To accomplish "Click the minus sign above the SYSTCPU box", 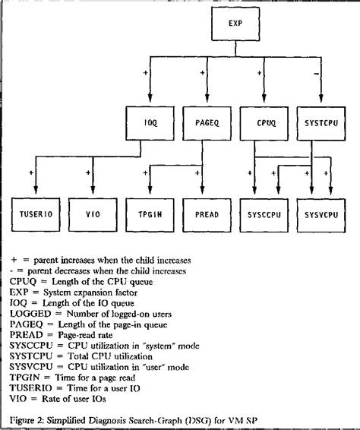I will [315, 73].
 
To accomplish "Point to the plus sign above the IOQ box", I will [144, 73].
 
